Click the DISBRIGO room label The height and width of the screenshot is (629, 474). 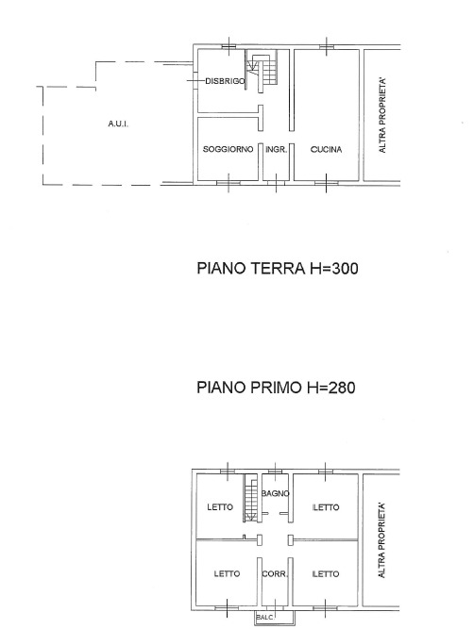[225, 81]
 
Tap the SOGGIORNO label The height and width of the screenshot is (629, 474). [229, 149]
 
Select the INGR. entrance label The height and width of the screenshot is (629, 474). [277, 150]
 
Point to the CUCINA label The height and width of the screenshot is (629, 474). [326, 150]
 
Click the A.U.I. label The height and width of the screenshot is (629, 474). [118, 124]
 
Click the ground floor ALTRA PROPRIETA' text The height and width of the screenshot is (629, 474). [382, 116]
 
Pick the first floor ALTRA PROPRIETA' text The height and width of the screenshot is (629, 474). [382, 540]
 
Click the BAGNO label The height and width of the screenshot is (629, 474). [275, 493]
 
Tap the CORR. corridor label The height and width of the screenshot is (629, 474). [275, 574]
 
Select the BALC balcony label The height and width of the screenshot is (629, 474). [264, 618]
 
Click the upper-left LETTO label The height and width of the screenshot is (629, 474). [220, 507]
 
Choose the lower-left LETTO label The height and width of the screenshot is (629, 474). [227, 574]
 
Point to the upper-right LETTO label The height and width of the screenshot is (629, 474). [326, 507]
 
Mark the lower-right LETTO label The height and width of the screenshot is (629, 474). [326, 574]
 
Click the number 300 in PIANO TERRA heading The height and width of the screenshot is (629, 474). [344, 269]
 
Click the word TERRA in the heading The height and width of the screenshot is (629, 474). [278, 269]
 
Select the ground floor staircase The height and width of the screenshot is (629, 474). [262, 72]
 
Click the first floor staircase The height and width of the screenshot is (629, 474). [250, 498]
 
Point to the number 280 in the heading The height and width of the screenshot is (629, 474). [342, 388]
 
